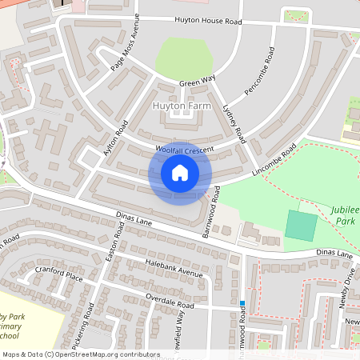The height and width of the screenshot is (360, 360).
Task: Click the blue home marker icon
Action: pyautogui.click(x=180, y=173)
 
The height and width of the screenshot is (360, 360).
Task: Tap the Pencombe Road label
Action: pyautogui.click(x=259, y=73)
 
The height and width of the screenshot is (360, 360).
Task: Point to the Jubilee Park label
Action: pyautogui.click(x=344, y=213)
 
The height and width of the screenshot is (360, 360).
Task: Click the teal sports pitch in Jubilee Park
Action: pyautogui.click(x=301, y=225)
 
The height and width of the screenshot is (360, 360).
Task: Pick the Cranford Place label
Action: pyautogui.click(x=59, y=276)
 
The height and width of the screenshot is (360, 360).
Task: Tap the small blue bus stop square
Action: pyautogui.click(x=242, y=302)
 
